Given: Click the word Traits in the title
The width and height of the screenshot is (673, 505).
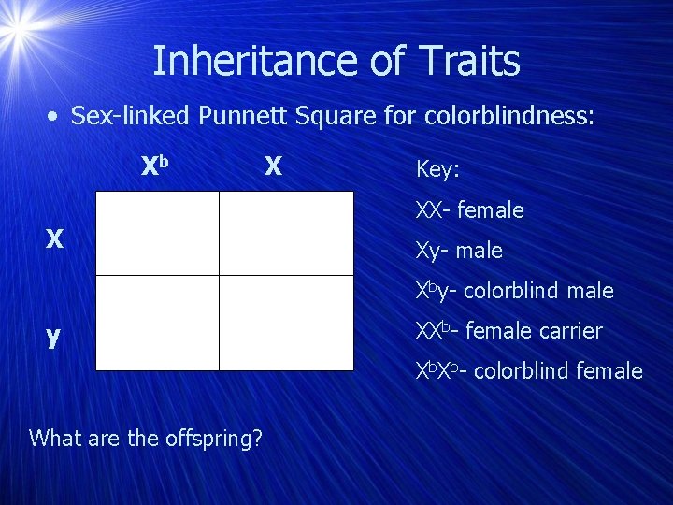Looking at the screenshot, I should coord(469,62).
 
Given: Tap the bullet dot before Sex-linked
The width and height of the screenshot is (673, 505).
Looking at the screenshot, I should coord(56,117).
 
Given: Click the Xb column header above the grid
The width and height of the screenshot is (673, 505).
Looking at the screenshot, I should coord(154,166).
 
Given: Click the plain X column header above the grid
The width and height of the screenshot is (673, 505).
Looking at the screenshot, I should coord(272,166).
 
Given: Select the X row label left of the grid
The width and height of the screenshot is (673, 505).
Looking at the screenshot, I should coord(55,240).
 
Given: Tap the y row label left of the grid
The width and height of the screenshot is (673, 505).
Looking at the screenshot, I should coord(53,335).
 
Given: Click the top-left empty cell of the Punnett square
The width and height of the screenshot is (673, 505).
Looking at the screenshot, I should coord(157,233).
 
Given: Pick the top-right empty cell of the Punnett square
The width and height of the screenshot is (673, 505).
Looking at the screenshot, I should coord(286,233).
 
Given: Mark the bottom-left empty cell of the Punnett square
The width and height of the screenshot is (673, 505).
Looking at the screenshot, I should coord(157,323).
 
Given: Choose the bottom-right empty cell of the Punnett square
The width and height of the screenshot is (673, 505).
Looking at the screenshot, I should coord(286,323).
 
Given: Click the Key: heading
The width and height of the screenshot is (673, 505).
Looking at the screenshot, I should coord(438,169).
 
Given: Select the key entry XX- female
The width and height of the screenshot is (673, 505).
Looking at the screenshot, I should coord(469,210).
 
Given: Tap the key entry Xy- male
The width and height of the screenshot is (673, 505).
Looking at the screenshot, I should coord(459,251).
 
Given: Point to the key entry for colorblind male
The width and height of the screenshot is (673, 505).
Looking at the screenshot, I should coord(514,291).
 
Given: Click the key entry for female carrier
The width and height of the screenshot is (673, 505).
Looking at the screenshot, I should coord(508,331).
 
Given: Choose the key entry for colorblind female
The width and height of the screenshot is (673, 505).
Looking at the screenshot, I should coord(529,371).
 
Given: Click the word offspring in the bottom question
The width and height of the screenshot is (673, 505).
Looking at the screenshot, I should coord(210,437).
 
